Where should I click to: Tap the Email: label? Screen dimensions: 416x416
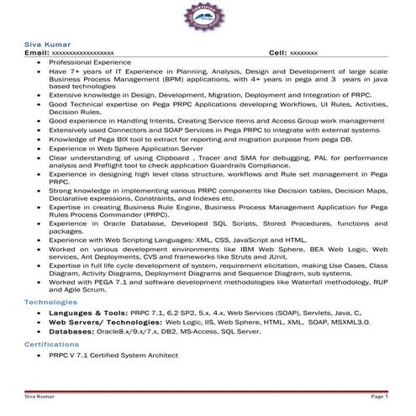coord(37,52)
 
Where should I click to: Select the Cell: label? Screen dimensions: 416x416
coord(278,52)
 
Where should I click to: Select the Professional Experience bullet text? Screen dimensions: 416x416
coord(87,62)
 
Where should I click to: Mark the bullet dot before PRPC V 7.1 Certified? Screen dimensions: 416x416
coord(39,355)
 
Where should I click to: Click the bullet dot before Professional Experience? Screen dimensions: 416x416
coord(39,62)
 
